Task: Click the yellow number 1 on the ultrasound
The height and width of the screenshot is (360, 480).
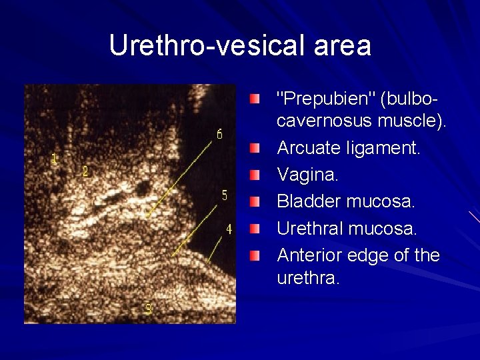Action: [x=55, y=159]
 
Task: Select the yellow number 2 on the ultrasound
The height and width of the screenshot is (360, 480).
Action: [x=85, y=171]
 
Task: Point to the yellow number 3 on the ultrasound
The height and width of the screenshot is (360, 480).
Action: [x=148, y=309]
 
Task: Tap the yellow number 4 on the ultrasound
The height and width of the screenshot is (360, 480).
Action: [x=229, y=229]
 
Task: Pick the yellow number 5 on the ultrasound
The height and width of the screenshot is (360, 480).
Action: [x=225, y=195]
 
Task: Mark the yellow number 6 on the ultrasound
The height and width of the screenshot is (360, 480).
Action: [x=220, y=134]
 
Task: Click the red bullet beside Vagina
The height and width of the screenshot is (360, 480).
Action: [x=256, y=174]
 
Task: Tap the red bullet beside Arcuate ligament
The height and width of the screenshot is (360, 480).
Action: [x=256, y=147]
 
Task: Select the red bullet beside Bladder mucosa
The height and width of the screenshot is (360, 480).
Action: [x=256, y=201]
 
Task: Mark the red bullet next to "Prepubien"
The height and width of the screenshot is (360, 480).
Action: [x=256, y=99]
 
